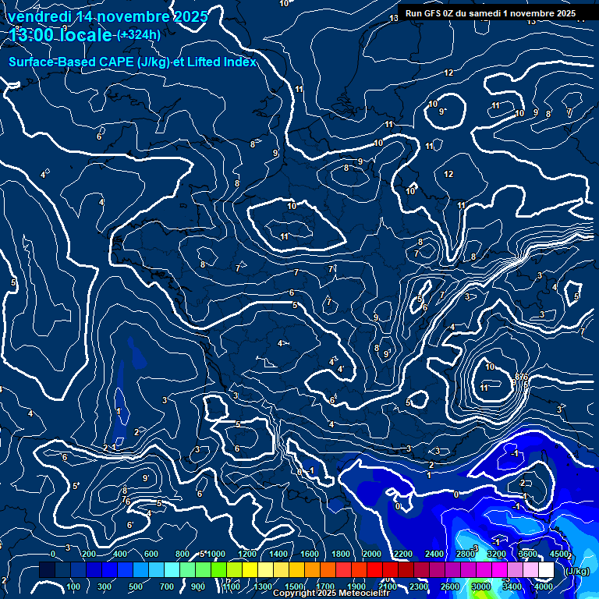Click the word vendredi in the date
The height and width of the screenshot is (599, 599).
point(40,16)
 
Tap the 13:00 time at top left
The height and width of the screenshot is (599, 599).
point(34,35)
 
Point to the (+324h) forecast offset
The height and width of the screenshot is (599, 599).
point(138,35)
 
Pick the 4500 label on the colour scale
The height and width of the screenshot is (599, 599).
point(558,554)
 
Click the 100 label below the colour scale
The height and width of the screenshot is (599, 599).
point(73,587)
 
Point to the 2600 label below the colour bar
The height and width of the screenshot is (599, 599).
point(450,587)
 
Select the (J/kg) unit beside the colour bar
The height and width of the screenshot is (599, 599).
point(577,571)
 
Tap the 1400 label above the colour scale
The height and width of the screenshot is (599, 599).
point(278,554)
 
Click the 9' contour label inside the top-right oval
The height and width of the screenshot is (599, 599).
point(443,112)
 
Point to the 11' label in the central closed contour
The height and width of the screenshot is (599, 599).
point(285,236)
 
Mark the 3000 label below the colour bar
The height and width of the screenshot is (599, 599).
point(480,587)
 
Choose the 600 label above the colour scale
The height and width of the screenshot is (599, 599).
point(151,554)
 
